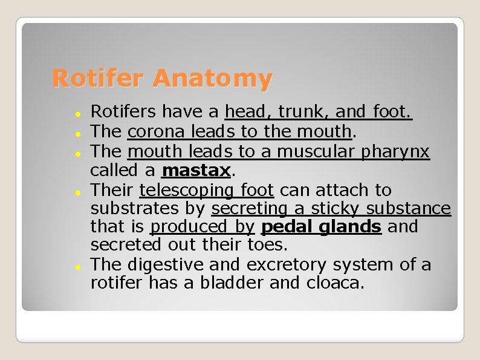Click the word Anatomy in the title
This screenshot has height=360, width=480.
pyautogui.click(x=212, y=79)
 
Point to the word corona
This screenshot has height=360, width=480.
pyautogui.click(x=157, y=131)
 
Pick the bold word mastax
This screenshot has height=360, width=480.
pyautogui.click(x=196, y=170)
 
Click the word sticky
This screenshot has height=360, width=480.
pyautogui.click(x=336, y=209)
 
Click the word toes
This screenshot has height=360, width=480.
pyautogui.click(x=268, y=245)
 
